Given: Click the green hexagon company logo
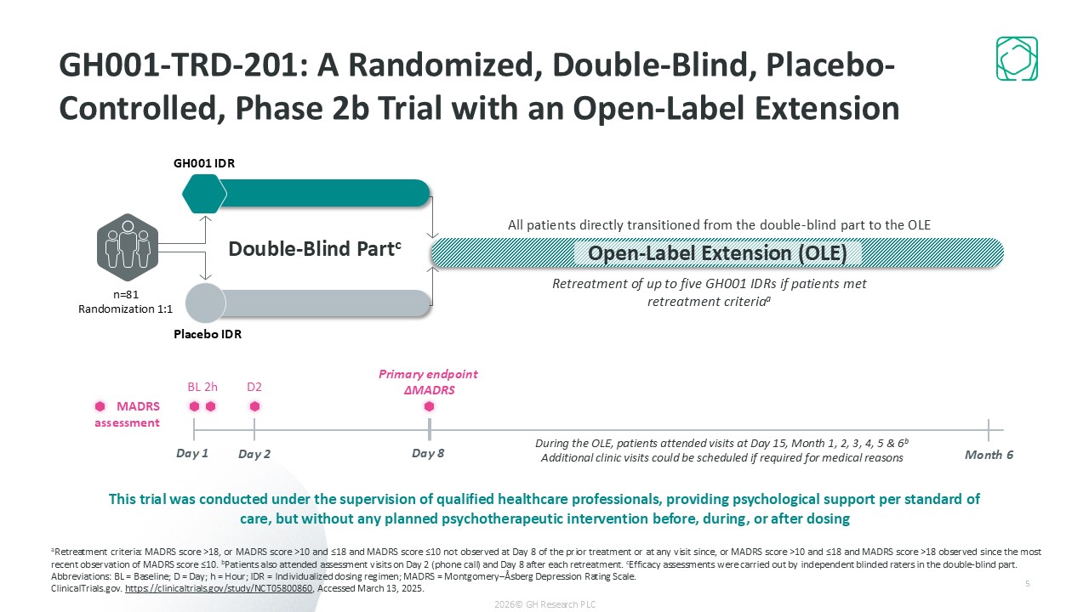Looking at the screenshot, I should click(1017, 59).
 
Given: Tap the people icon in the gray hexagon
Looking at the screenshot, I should click(128, 246).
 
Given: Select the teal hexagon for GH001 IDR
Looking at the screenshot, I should click(204, 193).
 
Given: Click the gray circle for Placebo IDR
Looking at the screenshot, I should click(205, 303).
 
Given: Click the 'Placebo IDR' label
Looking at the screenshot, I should click(208, 334).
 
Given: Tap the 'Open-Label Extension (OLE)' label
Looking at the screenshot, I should click(717, 253).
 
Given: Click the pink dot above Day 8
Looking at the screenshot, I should click(429, 406).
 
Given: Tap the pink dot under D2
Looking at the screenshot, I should click(254, 406).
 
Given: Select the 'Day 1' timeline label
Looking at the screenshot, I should click(192, 453).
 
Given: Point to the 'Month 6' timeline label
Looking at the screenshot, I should click(989, 455).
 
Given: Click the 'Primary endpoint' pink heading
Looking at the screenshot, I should click(428, 374).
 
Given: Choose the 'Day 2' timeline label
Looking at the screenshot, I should click(254, 455).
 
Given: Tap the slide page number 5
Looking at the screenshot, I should click(1028, 584).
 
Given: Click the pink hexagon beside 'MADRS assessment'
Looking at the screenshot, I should click(100, 406).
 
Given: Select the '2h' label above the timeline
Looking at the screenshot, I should click(211, 388).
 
